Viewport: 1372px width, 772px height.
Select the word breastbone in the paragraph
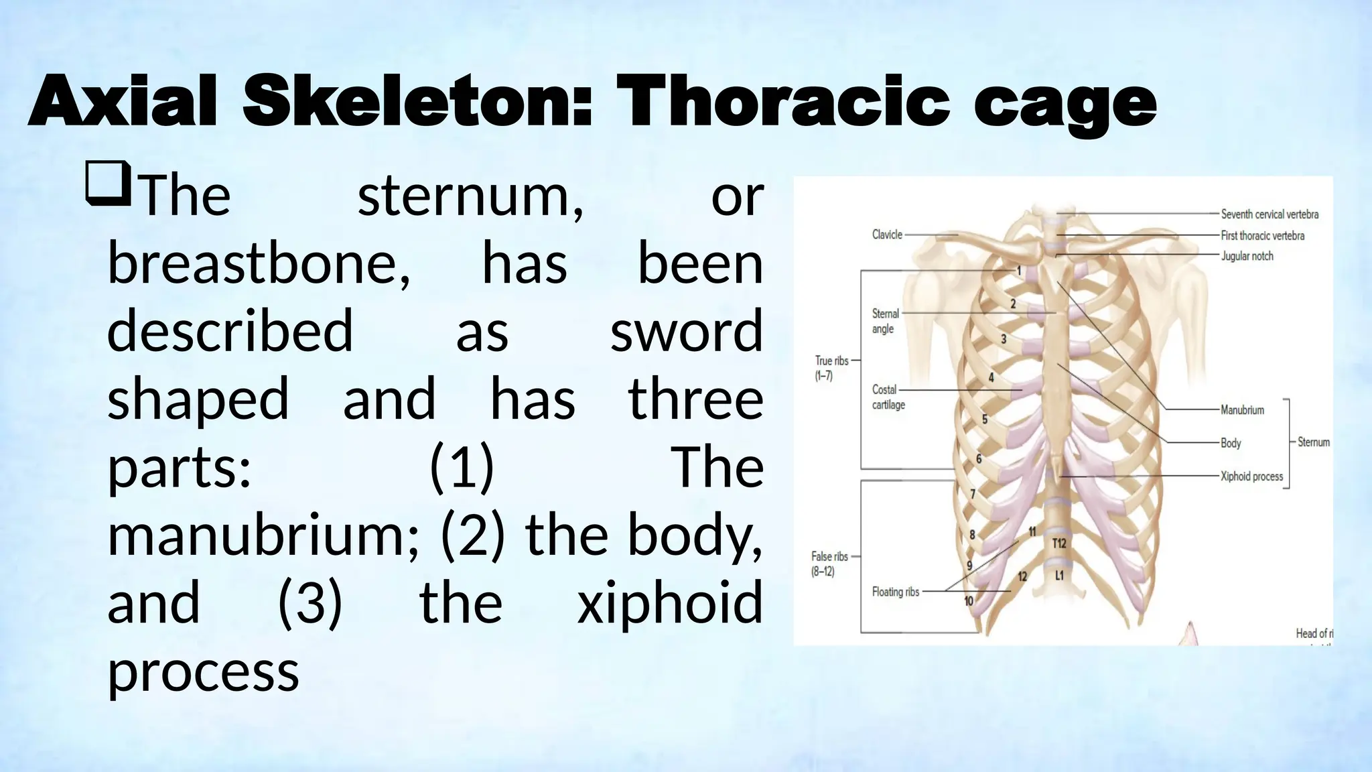[259, 263]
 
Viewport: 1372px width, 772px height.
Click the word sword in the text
[686, 331]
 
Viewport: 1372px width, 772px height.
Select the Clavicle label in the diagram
[887, 235]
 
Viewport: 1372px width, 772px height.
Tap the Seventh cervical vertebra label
[1269, 214]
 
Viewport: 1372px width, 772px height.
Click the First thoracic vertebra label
[1262, 236]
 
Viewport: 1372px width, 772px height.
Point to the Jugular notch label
[1247, 256]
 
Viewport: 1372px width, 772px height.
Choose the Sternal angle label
[885, 321]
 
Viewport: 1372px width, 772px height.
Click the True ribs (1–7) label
[831, 368]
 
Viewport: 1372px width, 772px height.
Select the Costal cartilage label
[888, 397]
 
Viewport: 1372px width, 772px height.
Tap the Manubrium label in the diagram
[1242, 409]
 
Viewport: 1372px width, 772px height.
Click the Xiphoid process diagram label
[1251, 476]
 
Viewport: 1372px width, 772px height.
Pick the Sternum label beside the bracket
[1313, 442]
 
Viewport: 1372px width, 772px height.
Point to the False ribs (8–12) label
[829, 564]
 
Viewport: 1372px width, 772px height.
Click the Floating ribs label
[895, 592]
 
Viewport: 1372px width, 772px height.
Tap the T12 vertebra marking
[1059, 543]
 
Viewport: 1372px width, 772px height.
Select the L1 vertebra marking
[1059, 576]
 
